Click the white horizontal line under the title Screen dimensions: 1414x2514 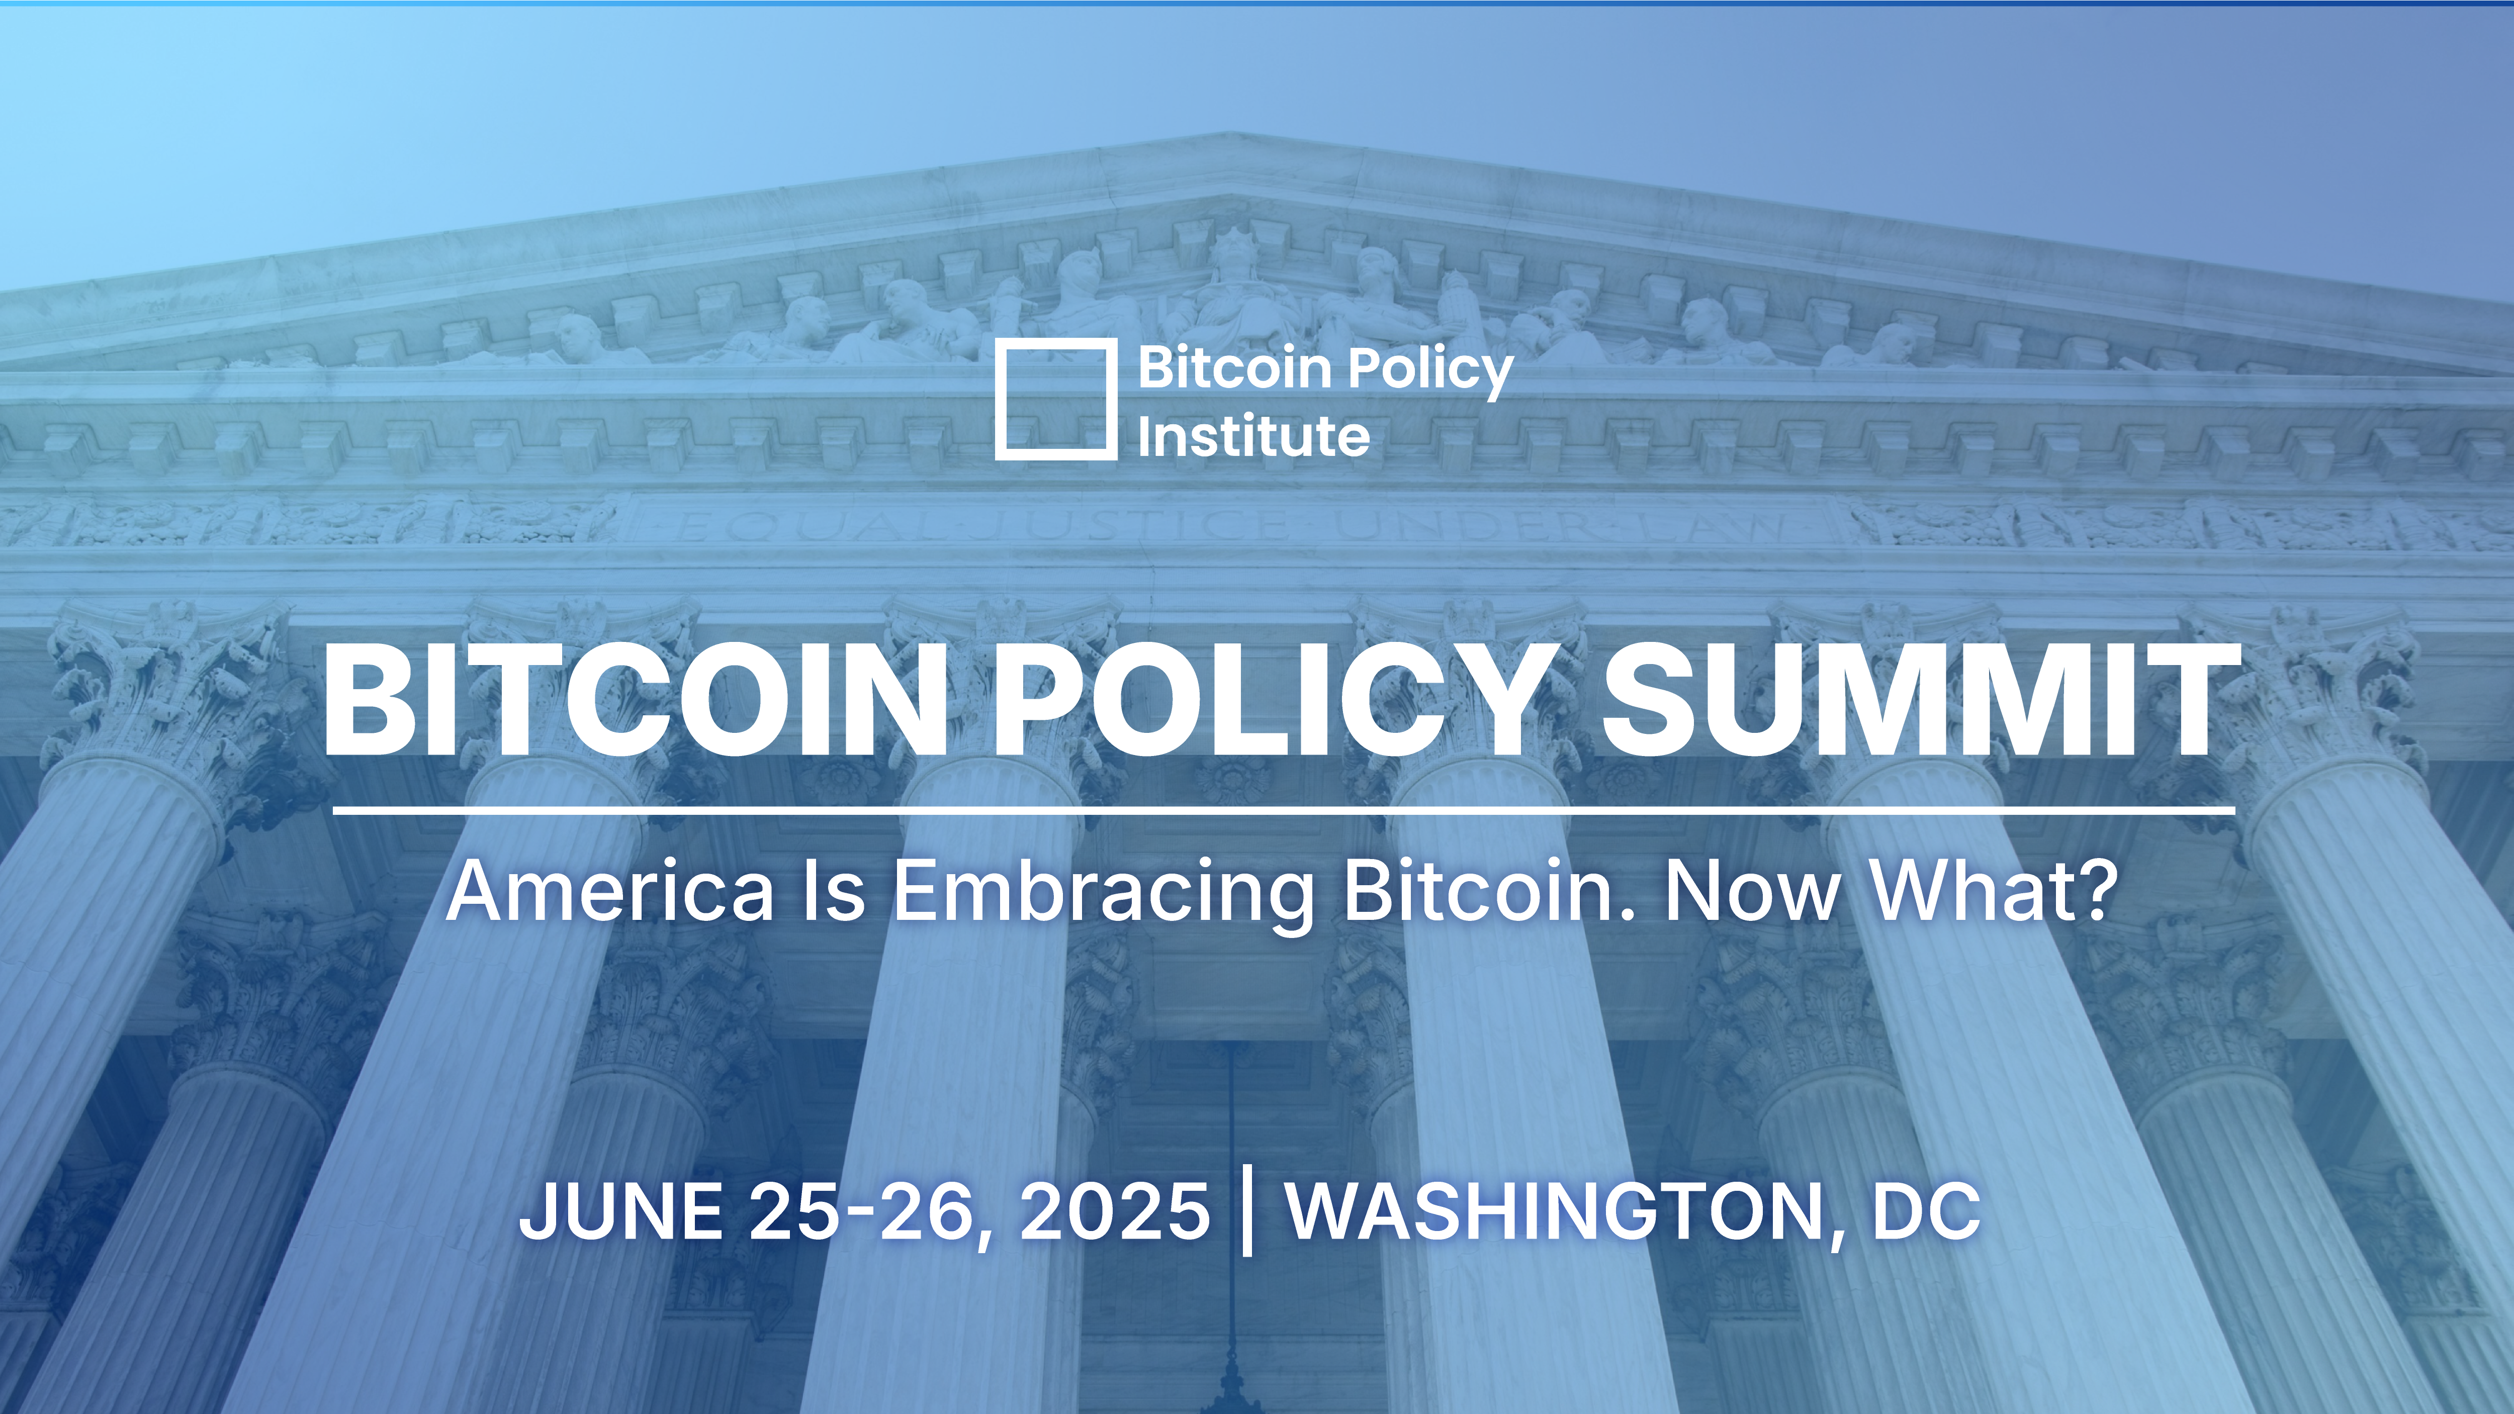pos(1283,810)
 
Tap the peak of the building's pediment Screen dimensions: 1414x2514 pos(1232,137)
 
